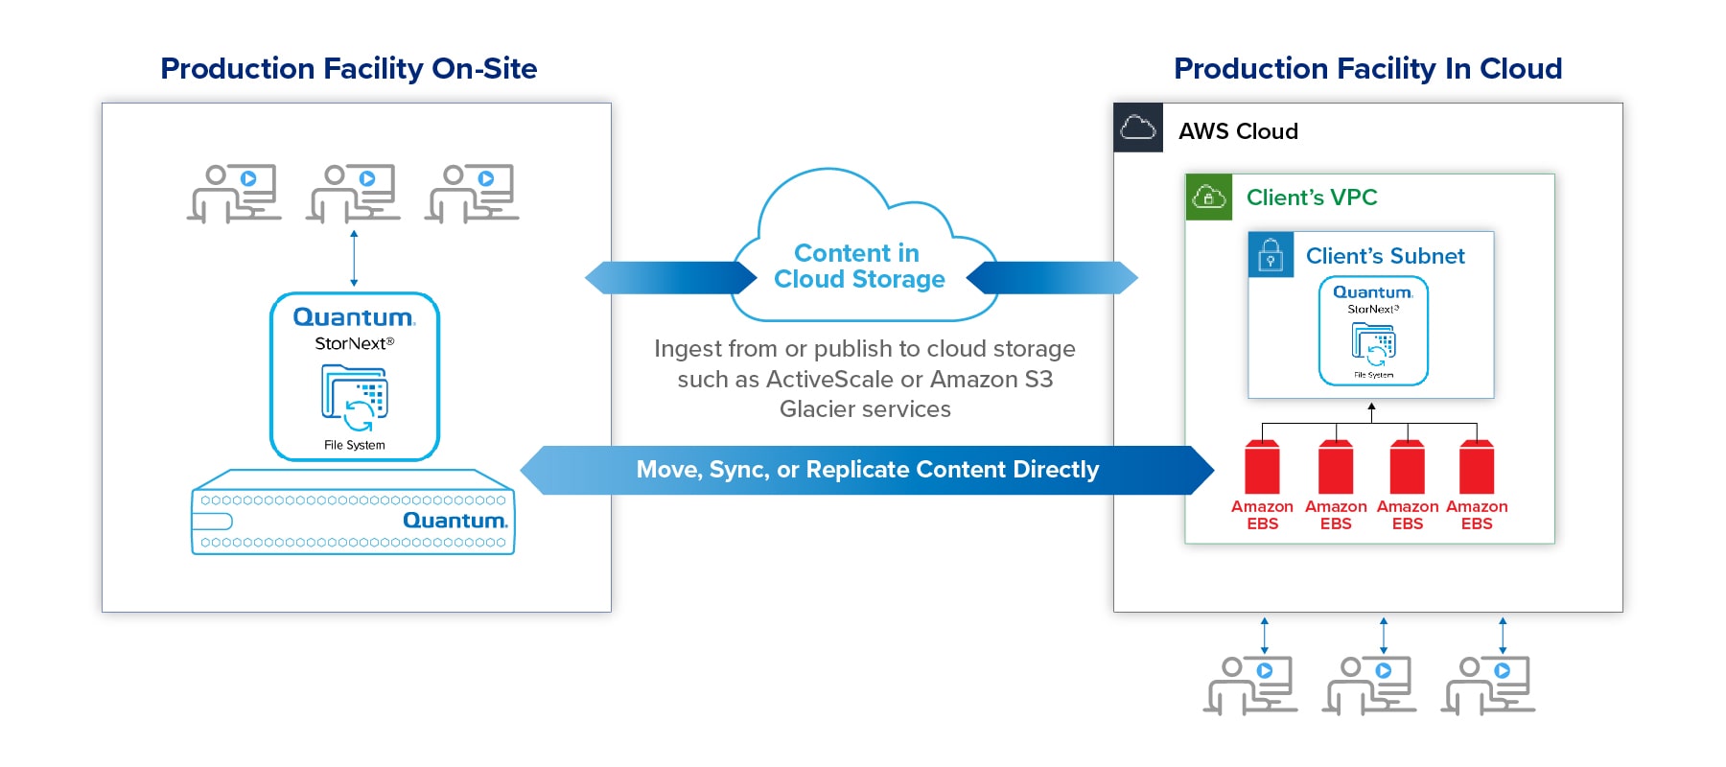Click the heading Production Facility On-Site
pyautogui.click(x=348, y=68)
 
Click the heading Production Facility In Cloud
pyautogui.click(x=1367, y=68)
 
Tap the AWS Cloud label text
pyautogui.click(x=1238, y=131)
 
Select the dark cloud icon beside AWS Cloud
pyautogui.click(x=1138, y=128)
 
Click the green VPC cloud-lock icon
pyautogui.click(x=1208, y=198)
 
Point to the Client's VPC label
pyautogui.click(x=1311, y=198)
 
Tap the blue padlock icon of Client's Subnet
pyautogui.click(x=1271, y=255)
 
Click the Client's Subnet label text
pyautogui.click(x=1385, y=256)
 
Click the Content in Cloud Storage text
pyautogui.click(x=859, y=267)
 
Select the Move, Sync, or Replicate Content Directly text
pyautogui.click(x=867, y=470)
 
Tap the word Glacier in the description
pyautogui.click(x=818, y=409)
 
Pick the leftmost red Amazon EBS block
pyautogui.click(x=1262, y=467)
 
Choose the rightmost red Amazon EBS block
pyautogui.click(x=1477, y=467)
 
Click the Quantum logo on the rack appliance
pyautogui.click(x=455, y=521)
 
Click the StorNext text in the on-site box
pyautogui.click(x=352, y=343)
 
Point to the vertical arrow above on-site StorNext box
pyautogui.click(x=354, y=258)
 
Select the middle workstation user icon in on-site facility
pyautogui.click(x=354, y=193)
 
